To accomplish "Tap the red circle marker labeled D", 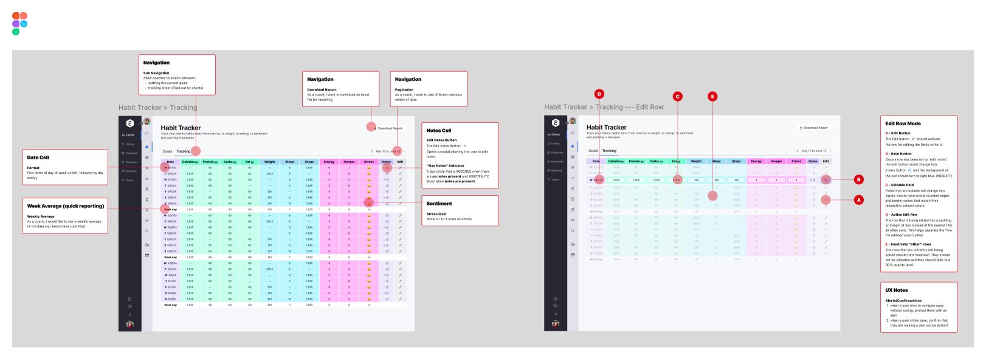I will (599, 94).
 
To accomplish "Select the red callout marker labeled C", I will (677, 95).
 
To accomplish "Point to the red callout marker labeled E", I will (712, 95).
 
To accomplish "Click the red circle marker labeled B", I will (858, 180).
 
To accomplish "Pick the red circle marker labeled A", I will (858, 199).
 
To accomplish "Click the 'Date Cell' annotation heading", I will (38, 157).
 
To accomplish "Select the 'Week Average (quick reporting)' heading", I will (65, 206).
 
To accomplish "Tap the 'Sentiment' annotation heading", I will (439, 204).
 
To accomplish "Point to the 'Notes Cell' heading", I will (438, 131).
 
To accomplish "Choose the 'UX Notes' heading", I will (897, 290).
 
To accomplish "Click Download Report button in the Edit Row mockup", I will (813, 128).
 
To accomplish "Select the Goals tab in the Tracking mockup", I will (167, 151).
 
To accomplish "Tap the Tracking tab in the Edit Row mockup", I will (608, 151).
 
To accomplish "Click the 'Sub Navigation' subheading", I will (156, 73).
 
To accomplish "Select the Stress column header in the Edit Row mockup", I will (796, 161).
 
